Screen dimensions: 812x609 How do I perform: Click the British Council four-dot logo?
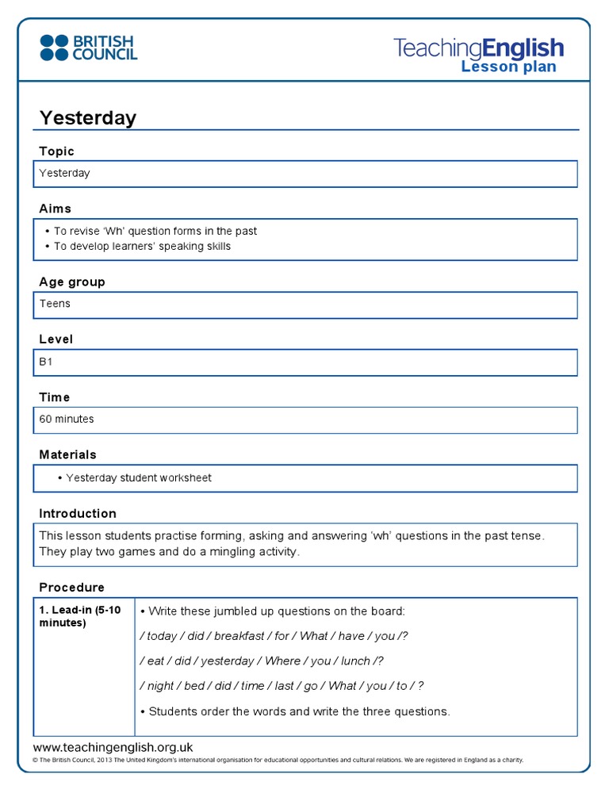(54, 47)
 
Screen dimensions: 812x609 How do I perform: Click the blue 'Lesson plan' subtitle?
(508, 67)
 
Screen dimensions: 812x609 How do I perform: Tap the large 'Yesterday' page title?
(88, 118)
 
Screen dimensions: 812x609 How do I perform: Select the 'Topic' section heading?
(57, 151)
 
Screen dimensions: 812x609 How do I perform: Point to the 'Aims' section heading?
(56, 209)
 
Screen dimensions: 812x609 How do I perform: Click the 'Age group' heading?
(72, 282)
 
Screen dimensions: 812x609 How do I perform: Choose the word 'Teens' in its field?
(55, 304)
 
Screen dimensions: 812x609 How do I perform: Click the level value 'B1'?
(46, 361)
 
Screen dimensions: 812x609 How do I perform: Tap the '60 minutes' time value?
(67, 419)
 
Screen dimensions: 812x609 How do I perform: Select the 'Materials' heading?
(68, 454)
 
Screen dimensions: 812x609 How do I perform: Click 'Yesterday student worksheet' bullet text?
(139, 478)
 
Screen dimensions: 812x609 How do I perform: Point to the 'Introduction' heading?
(78, 513)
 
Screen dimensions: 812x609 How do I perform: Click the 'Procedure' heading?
(72, 587)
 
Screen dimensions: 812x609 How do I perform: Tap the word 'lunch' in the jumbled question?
(355, 661)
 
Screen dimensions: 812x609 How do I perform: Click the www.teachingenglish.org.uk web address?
(113, 747)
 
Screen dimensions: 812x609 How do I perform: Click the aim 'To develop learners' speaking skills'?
(142, 246)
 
